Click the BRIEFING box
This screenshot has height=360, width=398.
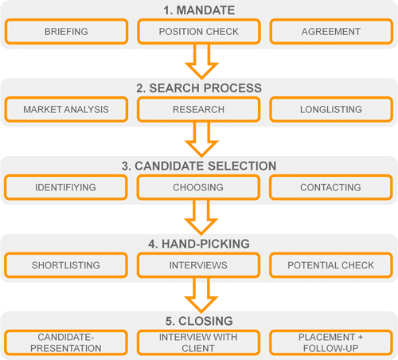click(x=66, y=31)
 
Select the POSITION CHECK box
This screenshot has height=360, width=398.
click(x=199, y=31)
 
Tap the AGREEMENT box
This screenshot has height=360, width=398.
click(x=331, y=31)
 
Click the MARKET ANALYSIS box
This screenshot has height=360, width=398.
click(x=66, y=109)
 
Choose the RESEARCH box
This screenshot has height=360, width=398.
click(x=199, y=109)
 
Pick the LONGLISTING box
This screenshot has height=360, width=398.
click(x=331, y=109)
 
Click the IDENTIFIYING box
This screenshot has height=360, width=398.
click(x=66, y=187)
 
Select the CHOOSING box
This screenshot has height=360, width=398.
click(x=198, y=187)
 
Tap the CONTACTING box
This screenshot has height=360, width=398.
click(x=330, y=187)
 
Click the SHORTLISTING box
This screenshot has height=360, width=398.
click(x=66, y=265)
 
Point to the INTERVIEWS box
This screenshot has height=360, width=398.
click(x=198, y=265)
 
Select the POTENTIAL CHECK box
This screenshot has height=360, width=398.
click(x=331, y=265)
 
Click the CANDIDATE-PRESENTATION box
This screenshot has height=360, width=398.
click(x=66, y=342)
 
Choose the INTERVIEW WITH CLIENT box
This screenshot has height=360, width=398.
click(x=198, y=342)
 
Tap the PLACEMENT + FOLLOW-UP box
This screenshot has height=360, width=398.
click(x=331, y=342)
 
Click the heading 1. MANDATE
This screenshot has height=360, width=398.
click(x=199, y=10)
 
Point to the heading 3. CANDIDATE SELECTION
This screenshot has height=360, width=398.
click(x=199, y=166)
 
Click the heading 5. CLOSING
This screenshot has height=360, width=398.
click(x=199, y=321)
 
